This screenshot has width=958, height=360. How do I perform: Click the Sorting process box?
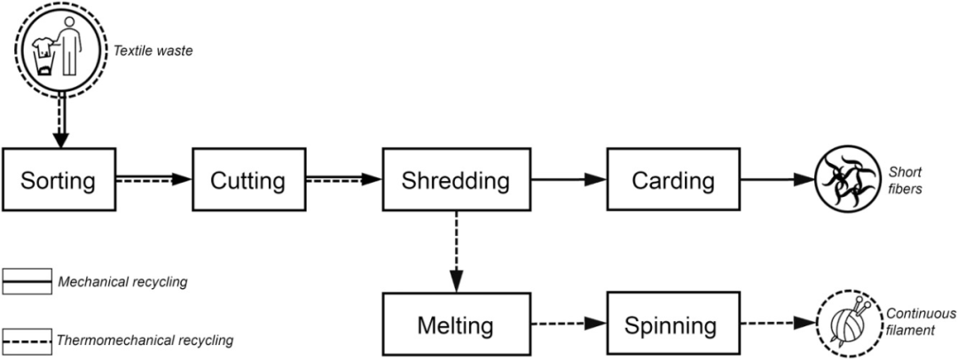pos(59,181)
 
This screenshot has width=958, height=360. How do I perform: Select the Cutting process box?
pos(247,181)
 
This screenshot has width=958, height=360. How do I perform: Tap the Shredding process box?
pos(455,181)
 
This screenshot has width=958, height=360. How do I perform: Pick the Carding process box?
pos(672,181)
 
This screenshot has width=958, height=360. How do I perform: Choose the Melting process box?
pos(455,325)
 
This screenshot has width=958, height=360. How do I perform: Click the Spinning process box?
pos(672,325)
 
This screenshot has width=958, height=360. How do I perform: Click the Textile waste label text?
pos(153,51)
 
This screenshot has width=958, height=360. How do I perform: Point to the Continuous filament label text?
pos(922,322)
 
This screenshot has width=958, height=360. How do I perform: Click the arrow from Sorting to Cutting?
pos(153,180)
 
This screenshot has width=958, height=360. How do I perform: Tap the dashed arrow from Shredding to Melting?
pos(455,253)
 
